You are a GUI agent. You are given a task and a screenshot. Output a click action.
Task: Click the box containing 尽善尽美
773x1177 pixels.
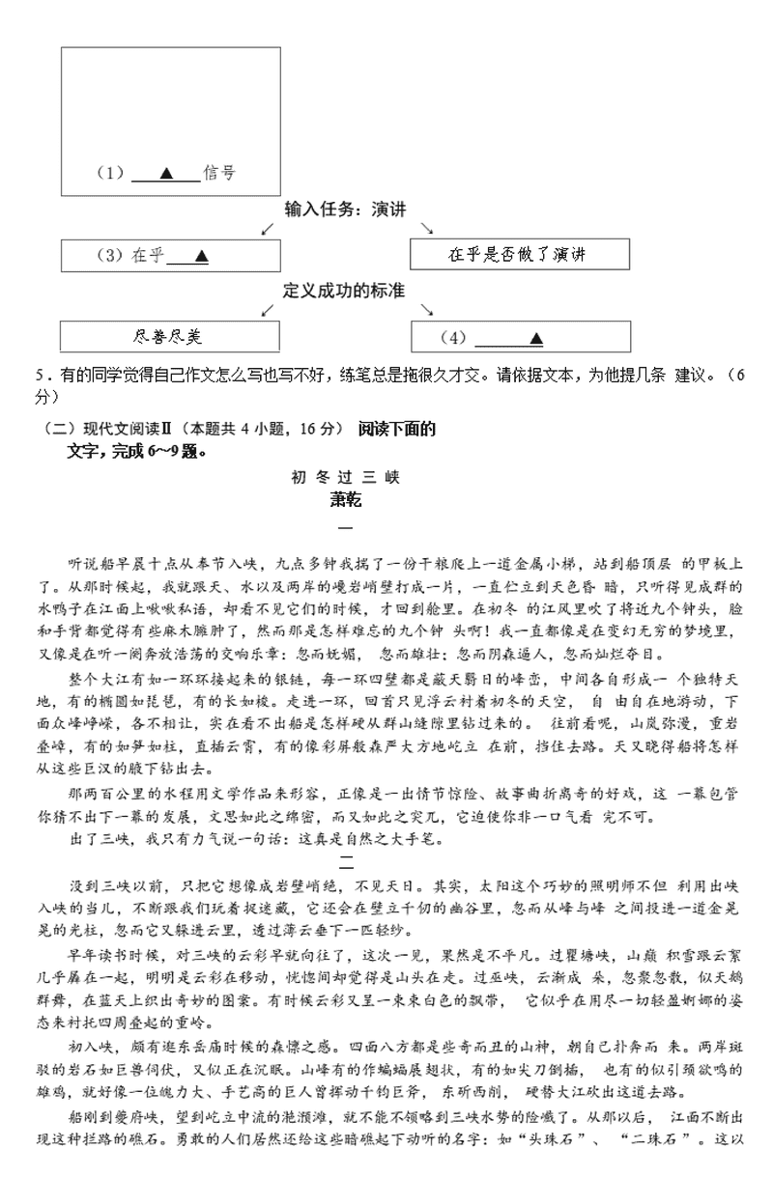click(x=170, y=337)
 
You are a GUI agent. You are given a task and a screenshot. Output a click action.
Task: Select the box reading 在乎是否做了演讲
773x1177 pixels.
click(x=519, y=255)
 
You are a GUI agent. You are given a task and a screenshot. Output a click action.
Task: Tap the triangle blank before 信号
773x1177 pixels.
click(x=165, y=174)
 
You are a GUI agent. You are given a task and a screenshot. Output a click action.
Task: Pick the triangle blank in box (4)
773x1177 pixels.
click(x=535, y=338)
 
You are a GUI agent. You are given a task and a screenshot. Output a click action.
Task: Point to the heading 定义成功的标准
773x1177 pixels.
click(x=344, y=291)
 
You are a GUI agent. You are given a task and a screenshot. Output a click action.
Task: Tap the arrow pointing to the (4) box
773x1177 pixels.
click(x=426, y=309)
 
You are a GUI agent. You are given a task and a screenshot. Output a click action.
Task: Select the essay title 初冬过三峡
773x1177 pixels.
click(x=345, y=477)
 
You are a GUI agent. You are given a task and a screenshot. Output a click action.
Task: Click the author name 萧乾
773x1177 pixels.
click(x=345, y=499)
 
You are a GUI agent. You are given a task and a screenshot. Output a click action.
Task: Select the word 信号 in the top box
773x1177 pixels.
click(x=219, y=174)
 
